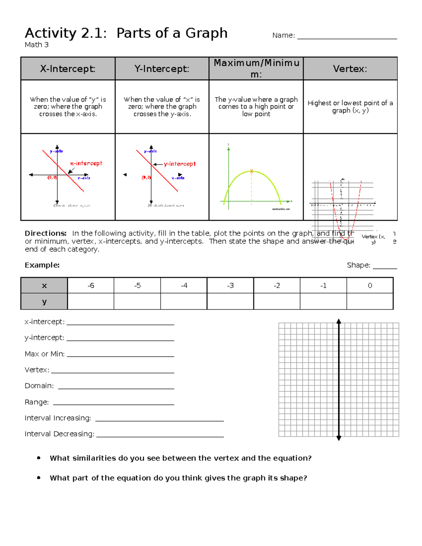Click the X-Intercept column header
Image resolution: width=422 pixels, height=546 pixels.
tap(68, 69)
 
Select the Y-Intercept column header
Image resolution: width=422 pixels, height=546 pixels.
tap(162, 69)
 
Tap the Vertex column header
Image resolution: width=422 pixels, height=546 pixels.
tap(350, 69)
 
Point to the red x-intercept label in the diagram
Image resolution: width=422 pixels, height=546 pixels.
tap(86, 163)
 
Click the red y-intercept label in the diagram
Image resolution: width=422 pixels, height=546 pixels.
tap(180, 164)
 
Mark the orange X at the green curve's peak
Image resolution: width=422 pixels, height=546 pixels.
tap(251, 171)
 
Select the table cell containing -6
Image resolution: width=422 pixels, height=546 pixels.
tap(91, 285)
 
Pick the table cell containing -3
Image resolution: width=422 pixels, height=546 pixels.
tap(230, 285)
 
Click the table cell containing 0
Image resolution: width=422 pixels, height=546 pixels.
tap(370, 285)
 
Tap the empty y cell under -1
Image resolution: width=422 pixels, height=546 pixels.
tap(323, 302)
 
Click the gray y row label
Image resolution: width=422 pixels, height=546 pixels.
tap(44, 302)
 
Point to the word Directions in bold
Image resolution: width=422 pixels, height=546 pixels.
tap(45, 233)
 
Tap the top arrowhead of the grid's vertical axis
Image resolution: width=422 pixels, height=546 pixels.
tap(339, 321)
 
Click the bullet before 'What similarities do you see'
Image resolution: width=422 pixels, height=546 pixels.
tap(39, 458)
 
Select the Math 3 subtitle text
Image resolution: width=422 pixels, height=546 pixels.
tap(37, 45)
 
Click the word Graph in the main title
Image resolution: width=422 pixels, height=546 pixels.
tap(206, 33)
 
